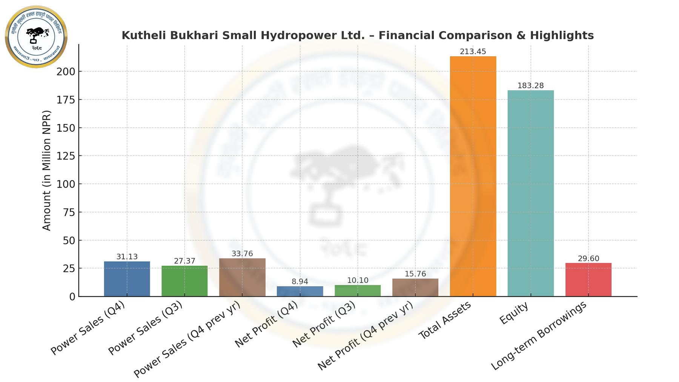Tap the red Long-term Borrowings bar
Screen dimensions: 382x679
(x=588, y=280)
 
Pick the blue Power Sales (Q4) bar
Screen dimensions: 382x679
(x=127, y=279)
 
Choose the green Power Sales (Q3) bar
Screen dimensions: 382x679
(x=184, y=281)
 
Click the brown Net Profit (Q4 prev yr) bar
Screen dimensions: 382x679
(x=415, y=288)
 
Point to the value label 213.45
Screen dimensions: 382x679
(x=473, y=52)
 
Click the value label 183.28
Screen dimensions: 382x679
(x=530, y=86)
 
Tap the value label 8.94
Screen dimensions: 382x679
(x=300, y=282)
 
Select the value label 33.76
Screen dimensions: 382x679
(x=242, y=254)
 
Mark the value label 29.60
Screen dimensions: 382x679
(x=588, y=259)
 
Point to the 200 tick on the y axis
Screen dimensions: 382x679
(x=66, y=71)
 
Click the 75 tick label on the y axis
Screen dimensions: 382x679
(x=69, y=213)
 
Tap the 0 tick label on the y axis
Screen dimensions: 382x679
(x=72, y=297)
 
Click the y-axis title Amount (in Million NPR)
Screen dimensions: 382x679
(x=46, y=170)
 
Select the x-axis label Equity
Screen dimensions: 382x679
(x=514, y=313)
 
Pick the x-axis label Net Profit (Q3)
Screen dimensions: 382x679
(x=324, y=325)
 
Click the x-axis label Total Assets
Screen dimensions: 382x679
(x=445, y=320)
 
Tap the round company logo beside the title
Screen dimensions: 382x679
(x=36, y=37)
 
